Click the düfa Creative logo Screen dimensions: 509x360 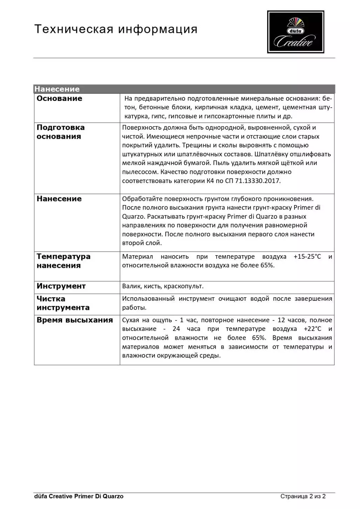coord(295,32)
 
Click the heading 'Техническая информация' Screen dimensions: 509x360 coord(116,29)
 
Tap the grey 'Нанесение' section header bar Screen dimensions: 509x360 coord(184,89)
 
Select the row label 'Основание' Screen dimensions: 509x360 coord(59,99)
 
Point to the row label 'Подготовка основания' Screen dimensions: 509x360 coord(60,132)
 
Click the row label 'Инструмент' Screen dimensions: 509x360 coord(61,286)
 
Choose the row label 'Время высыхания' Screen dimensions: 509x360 coord(75,320)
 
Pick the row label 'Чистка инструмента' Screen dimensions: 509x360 coord(63,303)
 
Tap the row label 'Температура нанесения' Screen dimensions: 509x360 coord(63,261)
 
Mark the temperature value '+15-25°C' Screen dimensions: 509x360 coord(307,257)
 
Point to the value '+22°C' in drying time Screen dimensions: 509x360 coord(312,329)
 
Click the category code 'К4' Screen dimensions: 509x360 coord(210,181)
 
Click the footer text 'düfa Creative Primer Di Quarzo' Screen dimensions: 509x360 coord(79,496)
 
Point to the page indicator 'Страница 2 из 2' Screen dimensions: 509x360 coord(303,496)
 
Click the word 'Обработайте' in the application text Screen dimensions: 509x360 coord(142,199)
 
